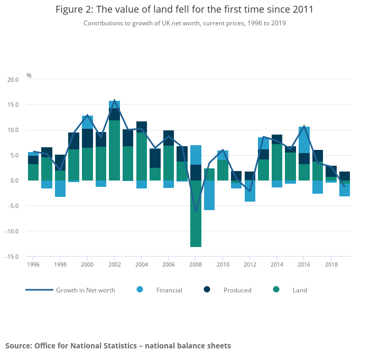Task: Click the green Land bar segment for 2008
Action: click(196, 213)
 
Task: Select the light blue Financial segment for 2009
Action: click(209, 195)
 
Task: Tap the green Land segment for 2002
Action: click(114, 150)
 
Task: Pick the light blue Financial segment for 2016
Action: click(304, 140)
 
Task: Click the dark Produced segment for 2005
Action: click(155, 158)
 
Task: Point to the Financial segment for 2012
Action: click(250, 191)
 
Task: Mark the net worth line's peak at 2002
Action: click(114, 100)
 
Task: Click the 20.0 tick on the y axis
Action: click(13, 80)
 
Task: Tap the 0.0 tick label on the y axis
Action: click(14, 181)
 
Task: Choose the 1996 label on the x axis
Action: click(33, 264)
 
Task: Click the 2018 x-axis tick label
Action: click(331, 264)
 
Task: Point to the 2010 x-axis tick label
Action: click(223, 264)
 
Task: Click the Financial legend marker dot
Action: click(140, 289)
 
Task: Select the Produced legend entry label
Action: click(237, 290)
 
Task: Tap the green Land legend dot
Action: click(276, 289)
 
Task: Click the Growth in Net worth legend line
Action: click(39, 290)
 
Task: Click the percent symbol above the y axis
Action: click(29, 75)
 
